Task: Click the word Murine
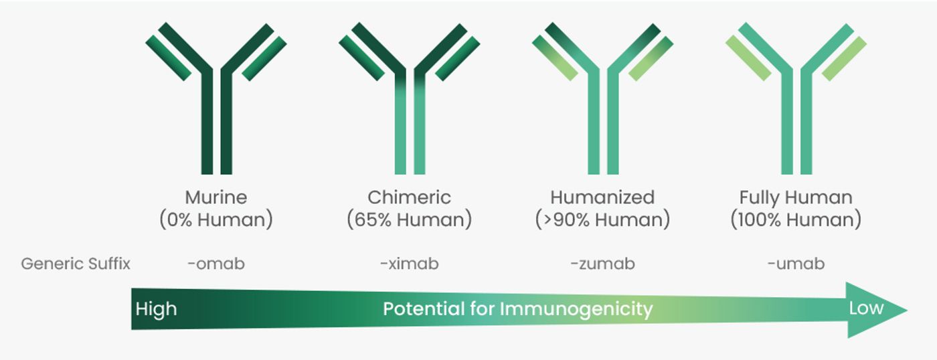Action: click(216, 197)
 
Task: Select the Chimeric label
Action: click(409, 197)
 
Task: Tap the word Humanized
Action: click(602, 197)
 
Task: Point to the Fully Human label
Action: click(796, 198)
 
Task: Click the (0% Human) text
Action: click(216, 220)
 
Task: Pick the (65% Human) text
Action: click(409, 220)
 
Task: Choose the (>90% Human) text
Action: click(602, 220)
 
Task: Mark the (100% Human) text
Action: click(796, 220)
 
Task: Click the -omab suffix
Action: click(216, 264)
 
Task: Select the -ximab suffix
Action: click(409, 264)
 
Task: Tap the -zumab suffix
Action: click(602, 264)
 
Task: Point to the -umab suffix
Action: click(796, 264)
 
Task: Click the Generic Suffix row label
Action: click(76, 264)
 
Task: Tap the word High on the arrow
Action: click(156, 309)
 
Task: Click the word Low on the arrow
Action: click(866, 308)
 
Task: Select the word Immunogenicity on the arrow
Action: click(576, 309)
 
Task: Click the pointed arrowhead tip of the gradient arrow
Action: click(907, 310)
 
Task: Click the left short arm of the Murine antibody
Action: click(169, 58)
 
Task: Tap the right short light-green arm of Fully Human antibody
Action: click(844, 58)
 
